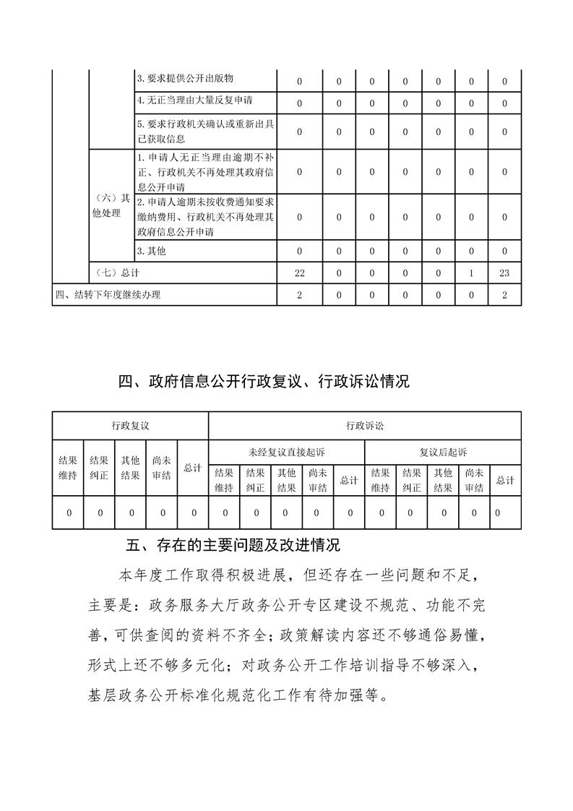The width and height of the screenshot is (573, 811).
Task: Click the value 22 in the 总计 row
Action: pos(299,273)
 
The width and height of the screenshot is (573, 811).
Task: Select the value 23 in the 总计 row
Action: pos(504,273)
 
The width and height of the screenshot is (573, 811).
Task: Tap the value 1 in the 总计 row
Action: pos(471,273)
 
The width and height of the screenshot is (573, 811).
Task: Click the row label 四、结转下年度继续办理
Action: pos(108,295)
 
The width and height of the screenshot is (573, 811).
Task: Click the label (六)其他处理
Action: pos(111,206)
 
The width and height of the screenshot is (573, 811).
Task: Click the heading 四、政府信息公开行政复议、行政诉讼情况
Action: pos(264,382)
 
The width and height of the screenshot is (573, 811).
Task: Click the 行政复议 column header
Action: pos(130,426)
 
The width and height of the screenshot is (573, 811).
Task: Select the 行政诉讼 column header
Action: pos(365,426)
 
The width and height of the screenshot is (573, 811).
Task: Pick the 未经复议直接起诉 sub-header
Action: pos(287,452)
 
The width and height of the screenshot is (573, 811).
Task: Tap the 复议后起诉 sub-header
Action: pos(443,452)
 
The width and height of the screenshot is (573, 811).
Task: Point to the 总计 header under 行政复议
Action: pos(192,468)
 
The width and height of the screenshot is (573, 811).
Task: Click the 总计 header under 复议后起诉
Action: pos(505,480)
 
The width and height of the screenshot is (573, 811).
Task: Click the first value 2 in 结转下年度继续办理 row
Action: pos(299,295)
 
